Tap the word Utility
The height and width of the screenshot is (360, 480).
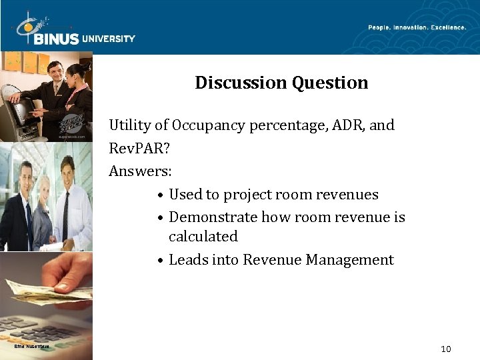click(130, 125)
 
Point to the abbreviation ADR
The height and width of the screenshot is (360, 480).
click(339, 125)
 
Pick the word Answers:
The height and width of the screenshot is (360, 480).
click(141, 171)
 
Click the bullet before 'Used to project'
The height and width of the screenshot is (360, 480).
click(161, 195)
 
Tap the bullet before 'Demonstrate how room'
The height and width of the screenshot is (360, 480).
click(161, 218)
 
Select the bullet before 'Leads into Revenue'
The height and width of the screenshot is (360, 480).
click(161, 261)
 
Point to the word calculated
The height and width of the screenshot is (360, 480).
click(203, 237)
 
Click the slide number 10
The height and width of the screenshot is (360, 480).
click(446, 349)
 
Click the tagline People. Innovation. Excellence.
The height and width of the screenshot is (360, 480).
click(417, 27)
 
